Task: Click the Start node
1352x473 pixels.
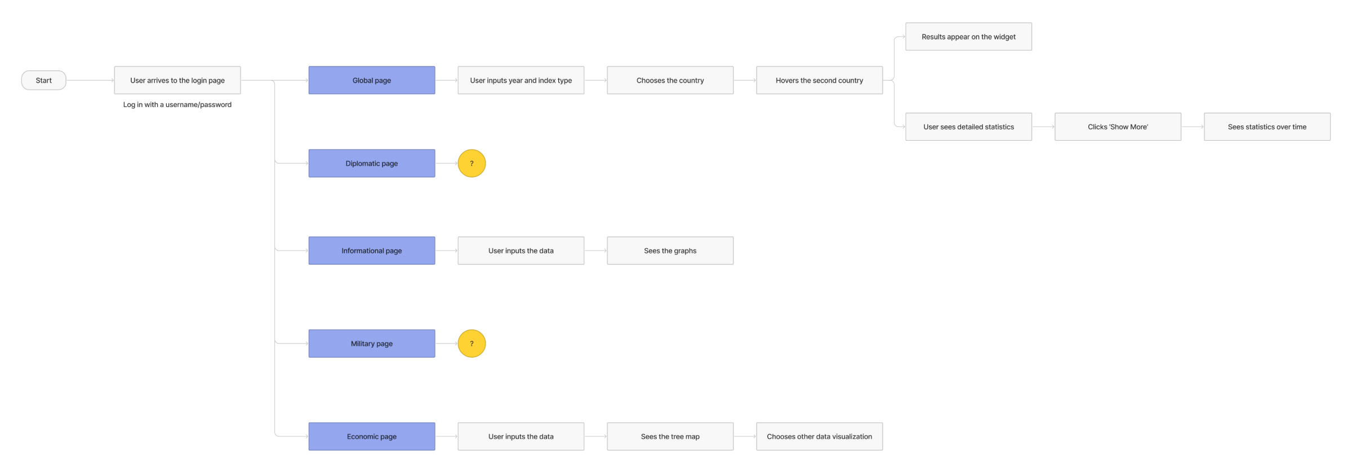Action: (43, 81)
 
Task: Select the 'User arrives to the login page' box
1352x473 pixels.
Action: (177, 81)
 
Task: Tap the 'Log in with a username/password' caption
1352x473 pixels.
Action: (177, 105)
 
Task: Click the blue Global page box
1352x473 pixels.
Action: (372, 81)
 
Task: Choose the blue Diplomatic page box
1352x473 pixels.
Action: (372, 163)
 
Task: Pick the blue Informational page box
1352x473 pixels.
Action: (372, 251)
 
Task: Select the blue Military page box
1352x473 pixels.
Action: (372, 343)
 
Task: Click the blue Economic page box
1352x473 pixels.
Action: (372, 436)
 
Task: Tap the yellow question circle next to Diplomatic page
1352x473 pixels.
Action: (472, 163)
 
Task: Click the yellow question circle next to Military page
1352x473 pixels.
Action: (472, 343)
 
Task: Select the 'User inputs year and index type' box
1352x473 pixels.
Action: (521, 81)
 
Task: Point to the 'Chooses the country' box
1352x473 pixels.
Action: (670, 81)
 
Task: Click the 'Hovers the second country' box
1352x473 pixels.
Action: (820, 81)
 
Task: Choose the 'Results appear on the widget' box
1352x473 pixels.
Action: (969, 37)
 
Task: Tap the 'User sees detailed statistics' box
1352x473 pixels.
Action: (969, 127)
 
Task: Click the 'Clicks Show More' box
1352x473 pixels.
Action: (1118, 127)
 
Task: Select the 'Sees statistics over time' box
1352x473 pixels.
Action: (1267, 127)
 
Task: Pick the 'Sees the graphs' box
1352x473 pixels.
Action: (670, 251)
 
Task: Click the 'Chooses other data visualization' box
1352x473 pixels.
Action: (820, 436)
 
